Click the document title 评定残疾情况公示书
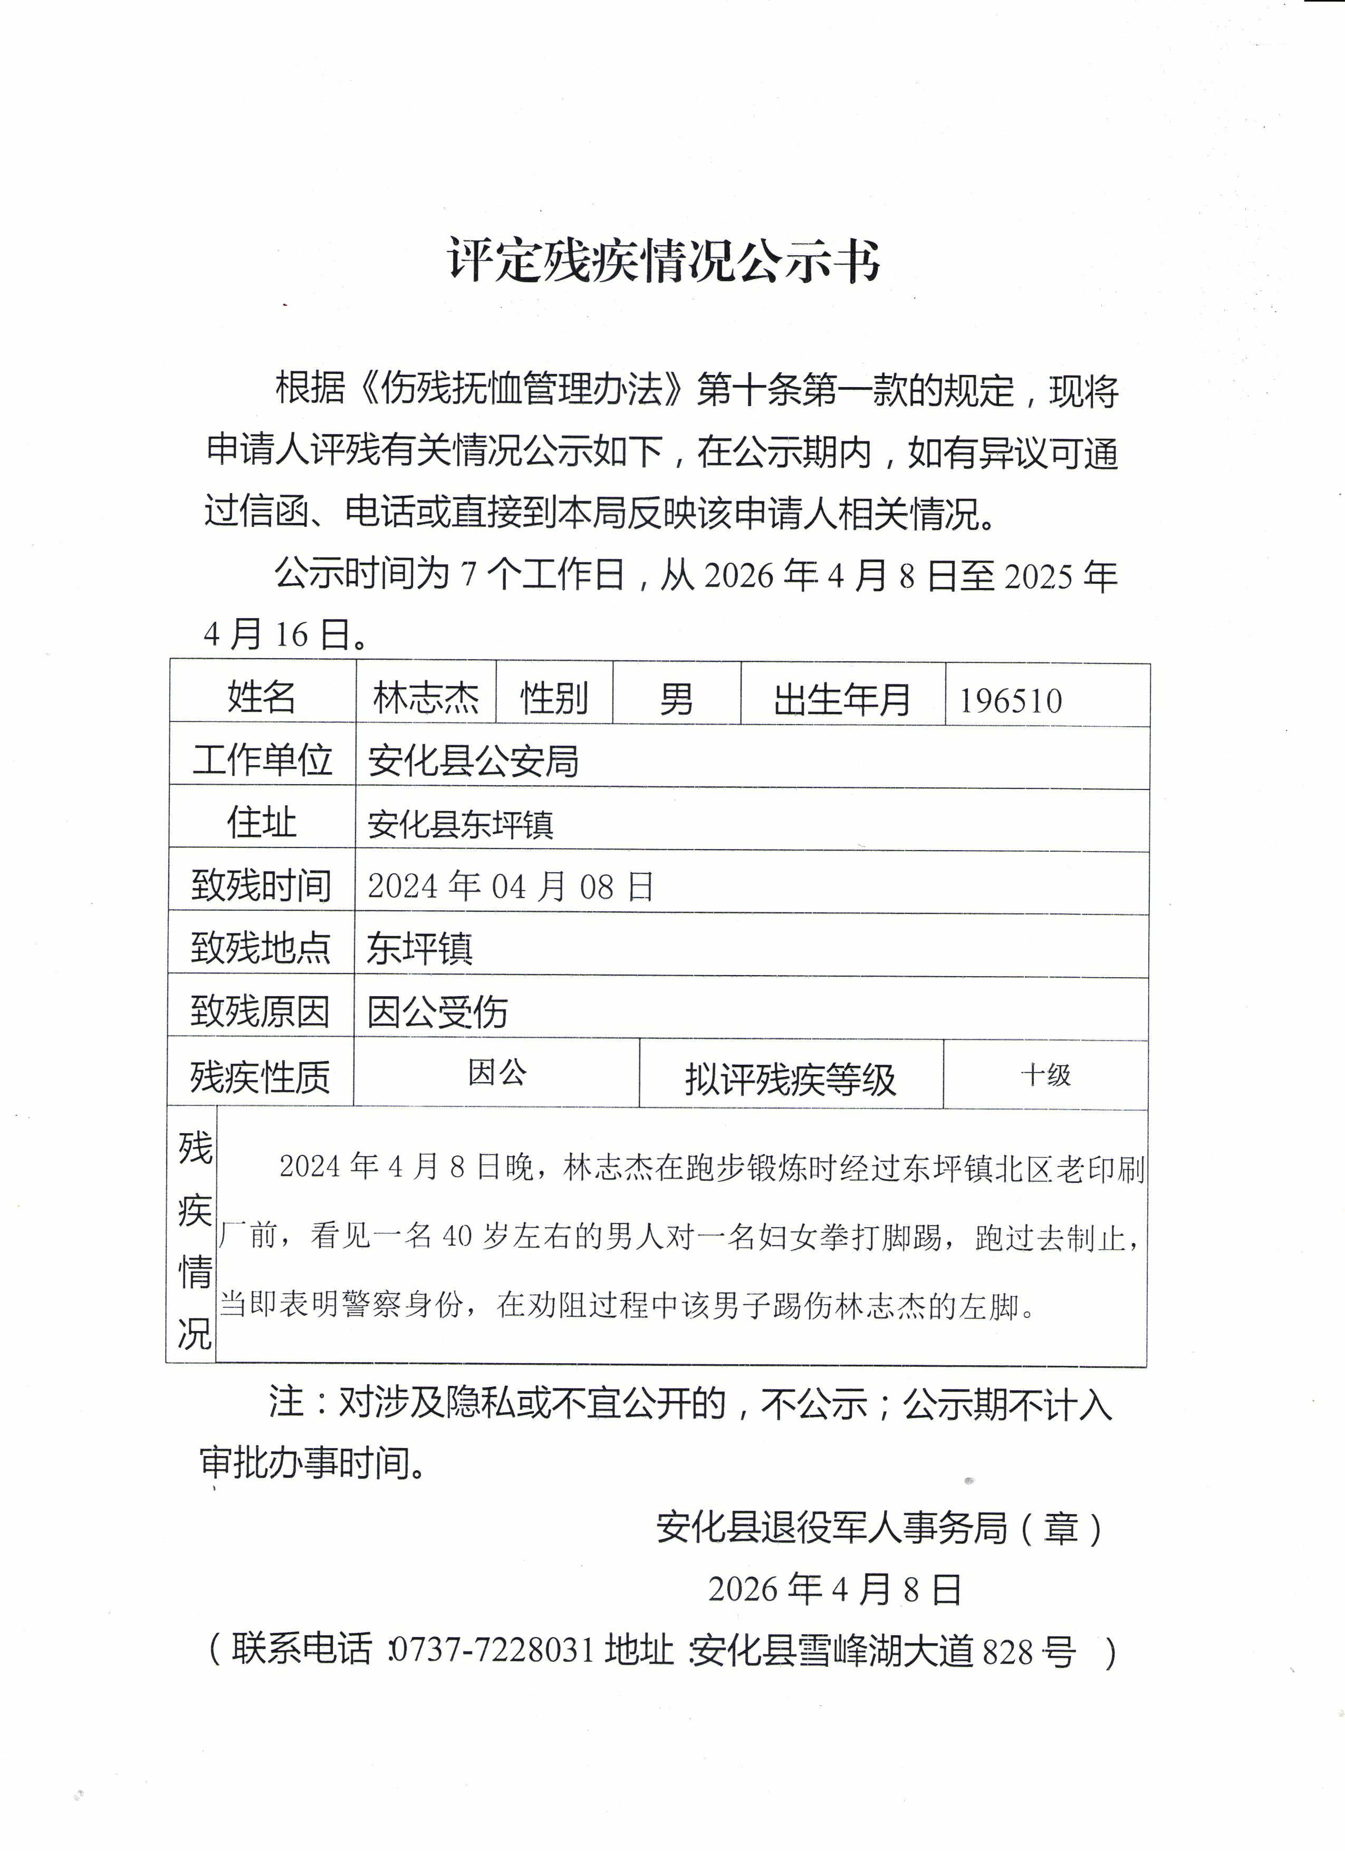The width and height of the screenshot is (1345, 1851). (664, 261)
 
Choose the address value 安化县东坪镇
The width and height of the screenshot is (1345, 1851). (460, 824)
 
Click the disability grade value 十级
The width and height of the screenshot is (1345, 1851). (1045, 1075)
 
